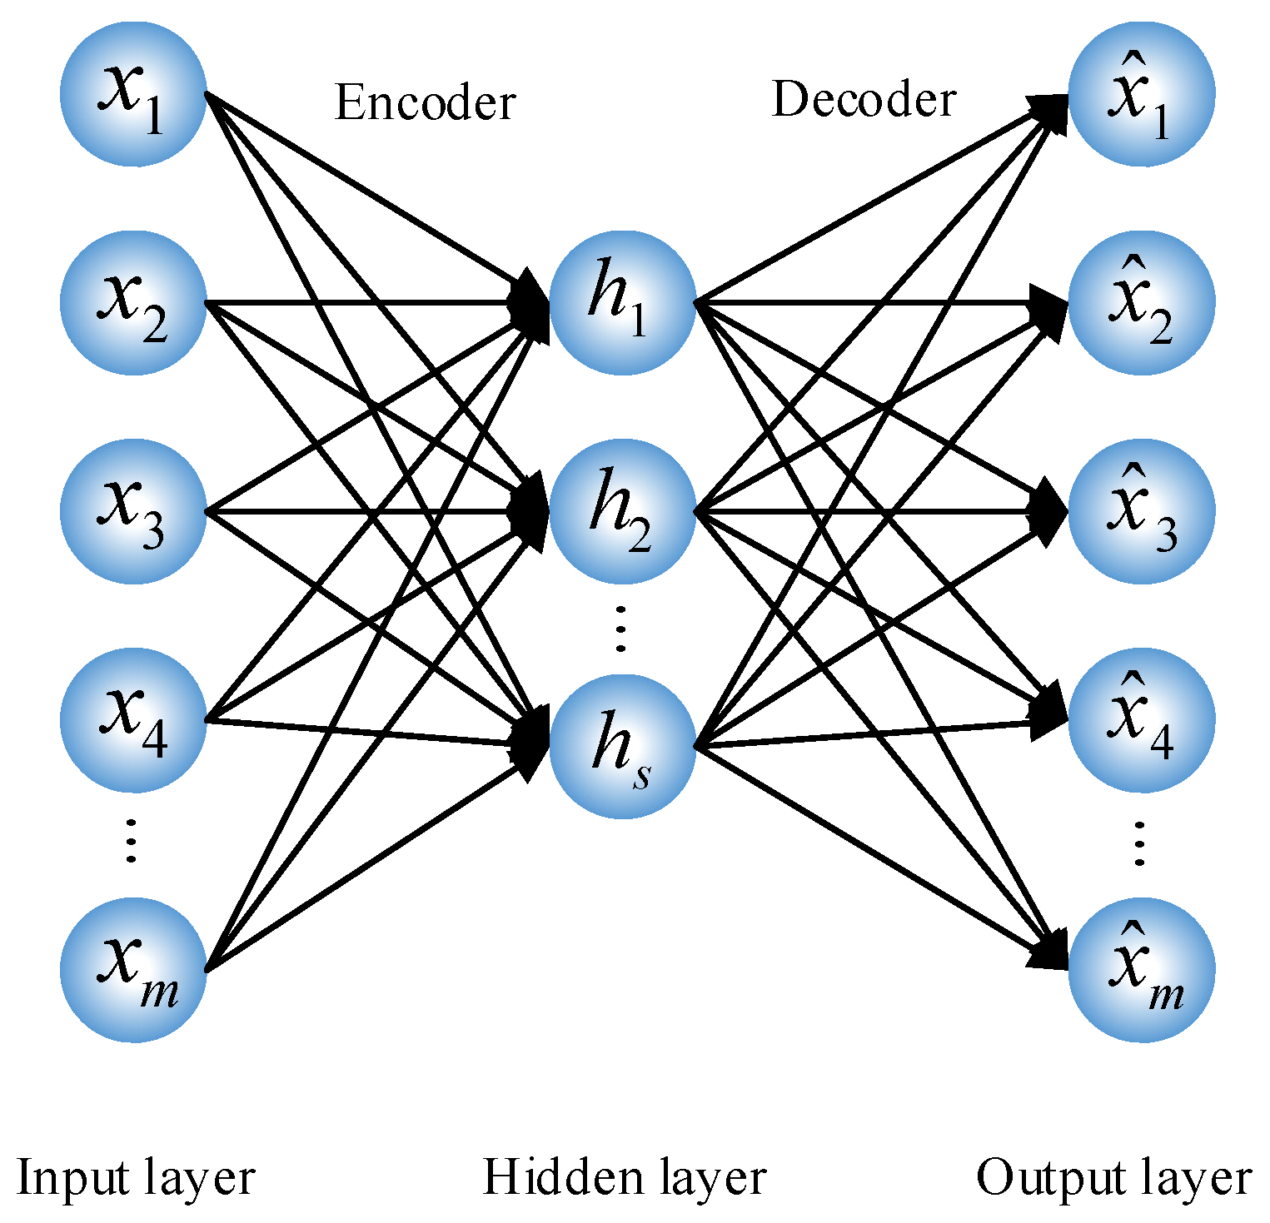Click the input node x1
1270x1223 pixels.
click(x=133, y=94)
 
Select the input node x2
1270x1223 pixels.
click(x=133, y=302)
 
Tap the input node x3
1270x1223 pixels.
click(x=133, y=511)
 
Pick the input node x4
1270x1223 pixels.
click(x=133, y=720)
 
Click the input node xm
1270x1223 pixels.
click(x=133, y=970)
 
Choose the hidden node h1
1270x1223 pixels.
click(x=622, y=302)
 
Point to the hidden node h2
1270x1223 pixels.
click(x=622, y=511)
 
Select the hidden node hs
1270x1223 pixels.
click(x=622, y=747)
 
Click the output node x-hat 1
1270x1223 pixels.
click(x=1142, y=94)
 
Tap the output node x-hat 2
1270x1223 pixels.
click(x=1142, y=302)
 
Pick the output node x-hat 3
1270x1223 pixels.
click(x=1142, y=511)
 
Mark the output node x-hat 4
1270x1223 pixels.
click(x=1142, y=720)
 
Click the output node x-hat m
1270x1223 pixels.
click(x=1142, y=970)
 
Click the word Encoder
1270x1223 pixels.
click(x=426, y=103)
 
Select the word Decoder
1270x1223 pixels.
click(x=864, y=100)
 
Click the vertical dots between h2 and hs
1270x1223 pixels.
click(x=620, y=629)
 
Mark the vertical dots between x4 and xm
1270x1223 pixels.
click(x=131, y=841)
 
